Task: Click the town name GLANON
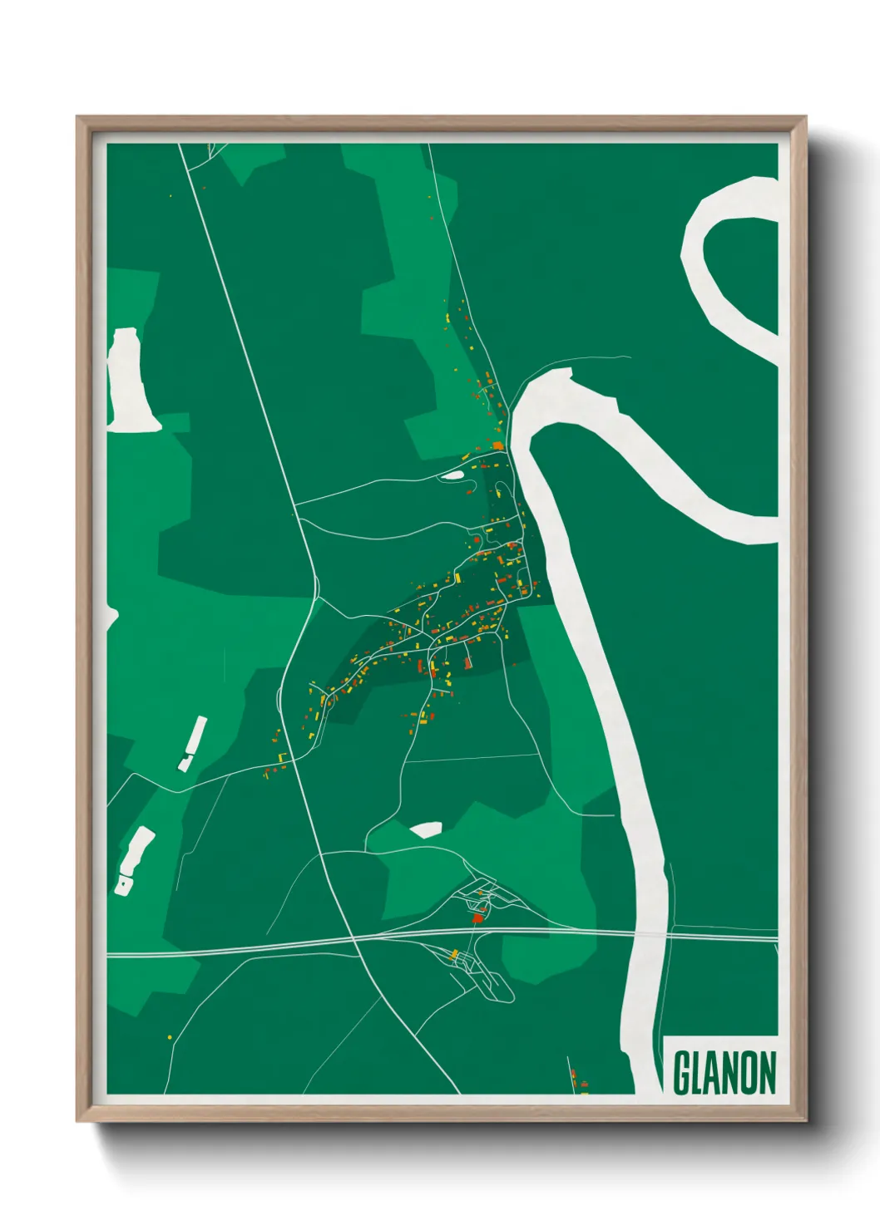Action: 724,1073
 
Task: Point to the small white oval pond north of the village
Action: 452,475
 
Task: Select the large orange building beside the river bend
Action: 497,446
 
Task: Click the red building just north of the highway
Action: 477,918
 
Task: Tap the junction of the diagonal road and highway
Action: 354,940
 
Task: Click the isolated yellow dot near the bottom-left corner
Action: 170,1037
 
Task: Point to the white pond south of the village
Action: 427,829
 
